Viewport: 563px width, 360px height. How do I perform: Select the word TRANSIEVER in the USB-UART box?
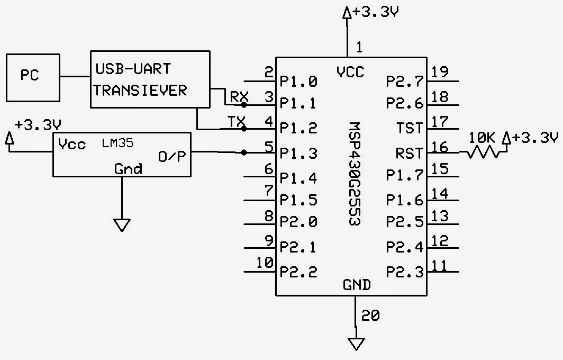[140, 91]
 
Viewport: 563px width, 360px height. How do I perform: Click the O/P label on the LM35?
[172, 156]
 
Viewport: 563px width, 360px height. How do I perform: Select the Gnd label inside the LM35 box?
[128, 169]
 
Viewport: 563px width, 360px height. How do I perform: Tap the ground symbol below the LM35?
[122, 225]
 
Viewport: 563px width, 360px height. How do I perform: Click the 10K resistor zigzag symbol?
[483, 153]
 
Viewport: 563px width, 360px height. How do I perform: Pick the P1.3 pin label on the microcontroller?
[298, 154]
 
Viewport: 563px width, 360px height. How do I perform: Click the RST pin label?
[409, 154]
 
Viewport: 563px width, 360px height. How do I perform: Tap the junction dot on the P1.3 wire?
[243, 153]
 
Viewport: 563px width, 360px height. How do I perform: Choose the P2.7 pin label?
[405, 81]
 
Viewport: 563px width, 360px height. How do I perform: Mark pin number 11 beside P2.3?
[440, 264]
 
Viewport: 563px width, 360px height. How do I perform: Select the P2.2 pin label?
[298, 272]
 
